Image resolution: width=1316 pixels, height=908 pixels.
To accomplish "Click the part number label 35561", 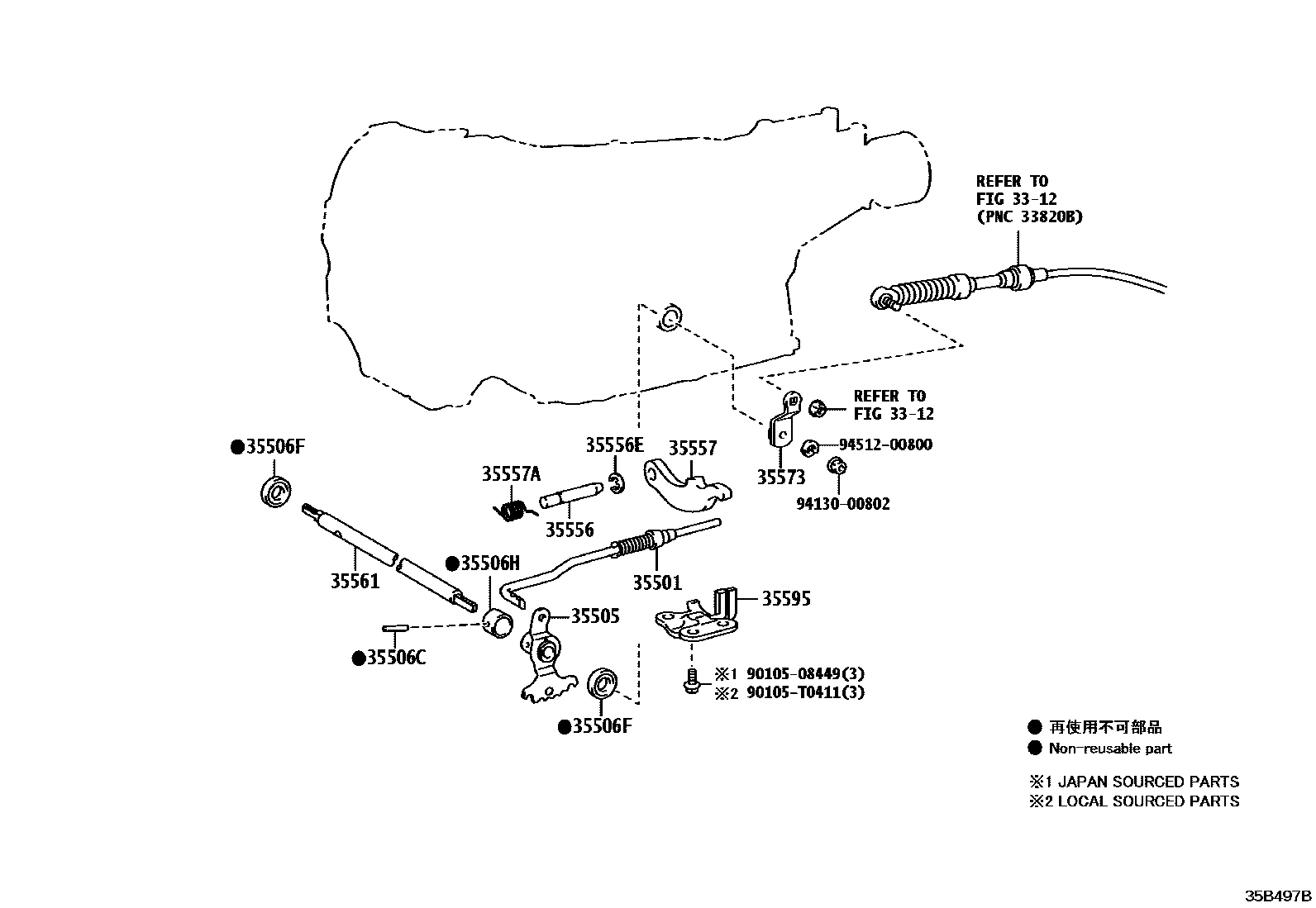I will [355, 581].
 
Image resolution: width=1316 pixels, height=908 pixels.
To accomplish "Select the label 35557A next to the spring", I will [511, 473].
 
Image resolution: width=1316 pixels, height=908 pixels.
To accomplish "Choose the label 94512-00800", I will [885, 444].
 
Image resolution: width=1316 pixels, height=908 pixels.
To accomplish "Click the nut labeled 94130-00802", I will [836, 466].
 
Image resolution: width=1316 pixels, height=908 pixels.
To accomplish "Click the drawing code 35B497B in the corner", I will [1279, 896].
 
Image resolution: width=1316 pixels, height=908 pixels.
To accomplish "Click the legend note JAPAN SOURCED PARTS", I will [1148, 782].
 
